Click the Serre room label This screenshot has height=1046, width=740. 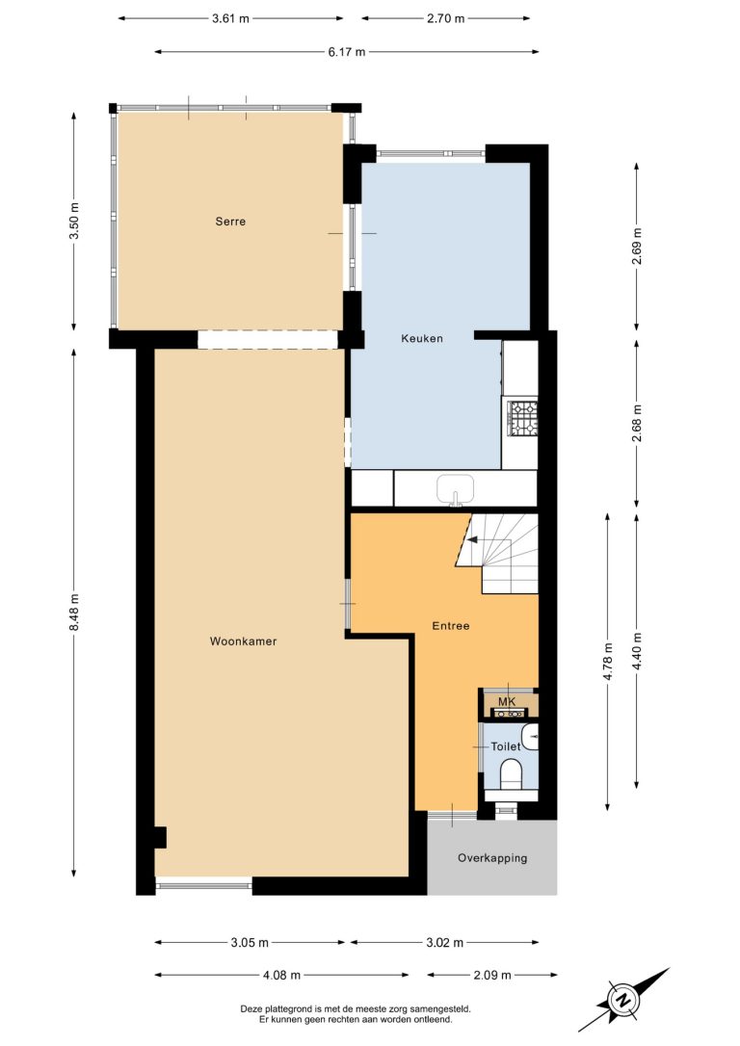click(x=230, y=222)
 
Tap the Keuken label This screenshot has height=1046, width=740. click(x=422, y=338)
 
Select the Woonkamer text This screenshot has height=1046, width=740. click(x=243, y=641)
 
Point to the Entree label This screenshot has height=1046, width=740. click(x=450, y=626)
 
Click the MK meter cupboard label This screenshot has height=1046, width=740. click(x=507, y=702)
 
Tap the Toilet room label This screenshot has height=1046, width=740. click(x=505, y=746)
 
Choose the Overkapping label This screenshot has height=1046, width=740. click(x=492, y=858)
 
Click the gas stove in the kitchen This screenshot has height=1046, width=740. click(x=523, y=418)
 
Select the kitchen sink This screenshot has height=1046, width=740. click(x=456, y=489)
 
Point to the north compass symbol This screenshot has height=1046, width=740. click(x=624, y=1000)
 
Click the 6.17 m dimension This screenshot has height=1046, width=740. click(x=346, y=51)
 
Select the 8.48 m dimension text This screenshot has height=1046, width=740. click(x=74, y=612)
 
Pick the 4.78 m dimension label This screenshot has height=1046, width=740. click(x=607, y=662)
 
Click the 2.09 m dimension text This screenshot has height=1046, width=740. click(x=492, y=975)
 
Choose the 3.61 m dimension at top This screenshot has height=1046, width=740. click(x=230, y=18)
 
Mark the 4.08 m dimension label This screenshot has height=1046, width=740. click(x=281, y=975)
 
